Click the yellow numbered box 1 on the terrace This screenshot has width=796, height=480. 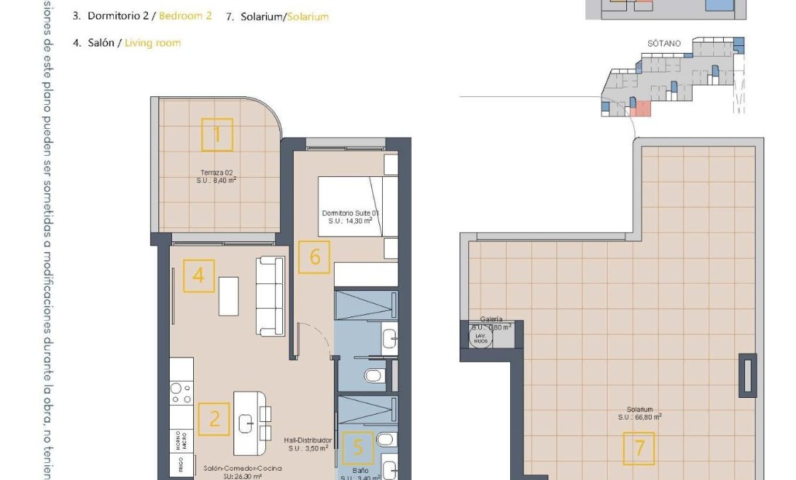click(x=217, y=135)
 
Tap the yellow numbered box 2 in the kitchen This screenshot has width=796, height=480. click(x=214, y=418)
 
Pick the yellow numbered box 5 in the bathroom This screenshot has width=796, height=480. click(x=358, y=447)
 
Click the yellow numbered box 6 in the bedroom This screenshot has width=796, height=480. click(x=314, y=257)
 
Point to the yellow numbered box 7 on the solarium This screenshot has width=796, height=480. click(x=639, y=448)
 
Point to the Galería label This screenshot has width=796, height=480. click(x=491, y=319)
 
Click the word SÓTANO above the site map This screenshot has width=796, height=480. click(x=664, y=43)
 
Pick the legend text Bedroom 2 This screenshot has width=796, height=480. click(x=185, y=16)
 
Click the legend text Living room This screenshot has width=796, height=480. click(x=153, y=42)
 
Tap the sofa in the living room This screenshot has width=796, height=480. click(x=270, y=295)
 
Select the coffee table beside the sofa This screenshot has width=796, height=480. click(x=229, y=296)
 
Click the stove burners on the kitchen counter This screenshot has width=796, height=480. click(x=182, y=392)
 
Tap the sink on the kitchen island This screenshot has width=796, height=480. click(x=247, y=423)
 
